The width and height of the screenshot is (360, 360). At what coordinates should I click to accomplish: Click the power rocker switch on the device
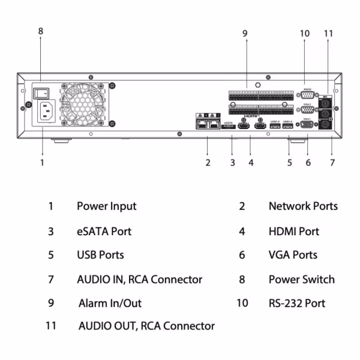click(x=41, y=93)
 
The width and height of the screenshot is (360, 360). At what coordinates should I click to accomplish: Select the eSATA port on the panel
click(x=229, y=127)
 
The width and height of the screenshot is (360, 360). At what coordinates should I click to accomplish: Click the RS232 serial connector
click(x=307, y=95)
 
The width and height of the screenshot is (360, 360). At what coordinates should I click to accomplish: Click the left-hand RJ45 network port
click(x=200, y=125)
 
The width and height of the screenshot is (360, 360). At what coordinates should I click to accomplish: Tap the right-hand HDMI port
click(x=260, y=127)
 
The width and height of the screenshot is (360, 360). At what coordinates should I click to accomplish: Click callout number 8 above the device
click(x=41, y=31)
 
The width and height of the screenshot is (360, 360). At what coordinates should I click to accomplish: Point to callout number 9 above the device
click(x=245, y=34)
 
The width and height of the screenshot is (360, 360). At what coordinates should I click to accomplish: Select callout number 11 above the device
click(x=328, y=34)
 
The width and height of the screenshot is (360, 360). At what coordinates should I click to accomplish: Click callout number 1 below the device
click(x=42, y=162)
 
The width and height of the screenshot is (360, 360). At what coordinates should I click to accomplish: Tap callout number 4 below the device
click(x=251, y=162)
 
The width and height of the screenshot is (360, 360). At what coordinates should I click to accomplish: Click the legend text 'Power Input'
click(x=106, y=206)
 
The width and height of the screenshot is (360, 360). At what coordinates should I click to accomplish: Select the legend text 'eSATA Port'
click(x=104, y=231)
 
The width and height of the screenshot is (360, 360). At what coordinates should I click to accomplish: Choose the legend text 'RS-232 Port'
click(x=296, y=303)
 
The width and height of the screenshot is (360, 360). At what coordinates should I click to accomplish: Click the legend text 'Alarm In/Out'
click(x=110, y=303)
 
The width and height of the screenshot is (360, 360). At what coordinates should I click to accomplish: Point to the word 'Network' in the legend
click(x=288, y=206)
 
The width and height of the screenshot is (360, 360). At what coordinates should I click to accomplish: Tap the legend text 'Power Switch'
click(x=301, y=279)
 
